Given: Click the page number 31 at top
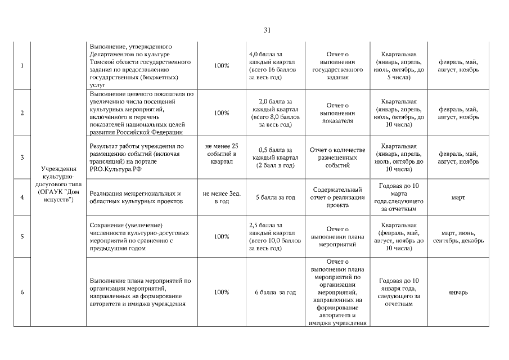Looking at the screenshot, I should point(267,30).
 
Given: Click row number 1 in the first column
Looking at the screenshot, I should point(22,66).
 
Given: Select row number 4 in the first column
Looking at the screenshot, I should point(22,197).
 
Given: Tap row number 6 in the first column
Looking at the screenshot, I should point(22,292).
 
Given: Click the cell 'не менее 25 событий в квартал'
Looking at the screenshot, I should point(222,154).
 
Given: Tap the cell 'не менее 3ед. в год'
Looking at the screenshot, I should point(222,197).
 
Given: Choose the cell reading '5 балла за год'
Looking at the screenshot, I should point(276,197).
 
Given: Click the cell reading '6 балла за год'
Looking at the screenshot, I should point(276,292).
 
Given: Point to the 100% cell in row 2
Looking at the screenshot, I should point(222,113).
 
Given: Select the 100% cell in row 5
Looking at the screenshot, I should point(222,237).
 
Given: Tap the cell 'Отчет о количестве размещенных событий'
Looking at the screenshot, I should point(337,157).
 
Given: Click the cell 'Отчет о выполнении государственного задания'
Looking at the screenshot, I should point(337,66).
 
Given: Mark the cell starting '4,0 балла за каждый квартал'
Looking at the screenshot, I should point(276,66).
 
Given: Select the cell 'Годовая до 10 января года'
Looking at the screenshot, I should point(399,292).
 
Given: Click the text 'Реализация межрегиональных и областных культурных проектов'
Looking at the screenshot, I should point(135,197).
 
